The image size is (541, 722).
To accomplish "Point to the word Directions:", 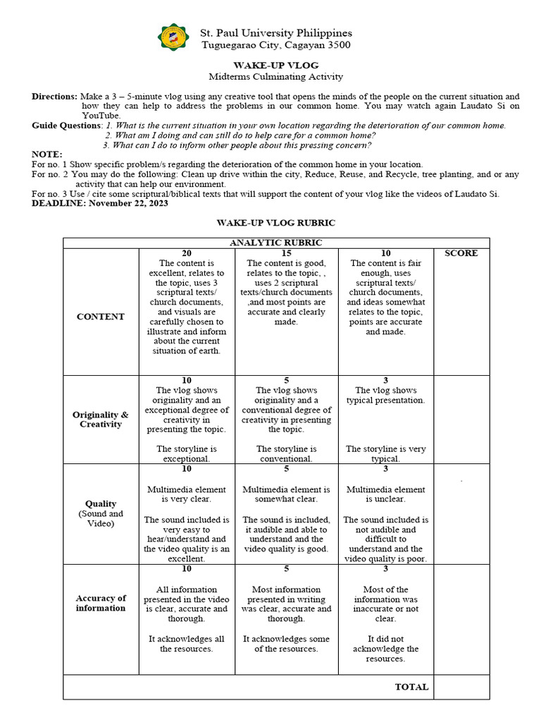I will click(54, 96).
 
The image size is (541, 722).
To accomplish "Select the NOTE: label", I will click(47, 154).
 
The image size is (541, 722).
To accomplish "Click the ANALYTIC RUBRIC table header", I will click(276, 243).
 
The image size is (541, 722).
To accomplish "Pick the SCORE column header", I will click(461, 253).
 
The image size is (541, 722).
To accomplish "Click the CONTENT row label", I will click(101, 317).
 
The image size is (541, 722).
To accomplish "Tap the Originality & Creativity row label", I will click(101, 420).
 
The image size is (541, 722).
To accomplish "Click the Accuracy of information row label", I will click(101, 603).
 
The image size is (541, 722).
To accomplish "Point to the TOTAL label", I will click(411, 687).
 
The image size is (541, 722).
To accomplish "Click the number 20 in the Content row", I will click(187, 253).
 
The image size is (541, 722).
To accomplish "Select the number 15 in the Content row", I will click(287, 253).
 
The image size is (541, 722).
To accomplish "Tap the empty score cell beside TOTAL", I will click(461, 687).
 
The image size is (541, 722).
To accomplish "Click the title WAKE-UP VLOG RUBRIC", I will click(275, 223).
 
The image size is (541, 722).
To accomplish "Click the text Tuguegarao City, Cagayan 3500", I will click(275, 45).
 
